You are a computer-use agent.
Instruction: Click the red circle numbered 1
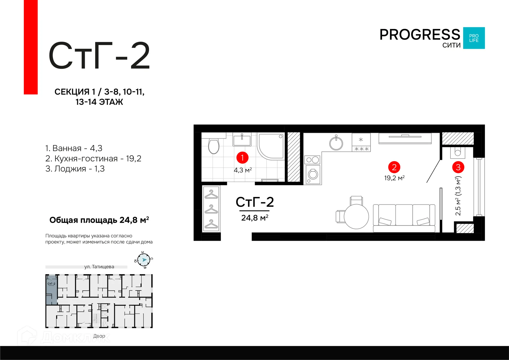[x=242, y=158]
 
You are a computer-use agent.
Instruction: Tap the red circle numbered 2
[x=394, y=167]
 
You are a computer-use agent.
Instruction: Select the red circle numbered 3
[x=458, y=167]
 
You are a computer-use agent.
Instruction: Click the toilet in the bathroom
[x=214, y=146]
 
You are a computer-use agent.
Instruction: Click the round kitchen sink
[x=336, y=143]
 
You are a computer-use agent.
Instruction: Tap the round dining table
[x=356, y=217]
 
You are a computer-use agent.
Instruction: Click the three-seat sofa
[x=404, y=216]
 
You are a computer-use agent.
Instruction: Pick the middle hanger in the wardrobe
[x=211, y=209]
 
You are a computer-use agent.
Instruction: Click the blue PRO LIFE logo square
[x=474, y=38]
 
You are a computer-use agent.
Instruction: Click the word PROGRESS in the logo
[x=420, y=35]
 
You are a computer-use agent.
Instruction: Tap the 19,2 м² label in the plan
[x=394, y=178]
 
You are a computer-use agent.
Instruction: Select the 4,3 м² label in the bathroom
[x=243, y=170]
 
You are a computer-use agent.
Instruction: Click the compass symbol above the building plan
[x=144, y=260]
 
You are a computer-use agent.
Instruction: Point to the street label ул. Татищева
[x=99, y=267]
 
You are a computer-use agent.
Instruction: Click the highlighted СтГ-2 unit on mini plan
[x=51, y=289]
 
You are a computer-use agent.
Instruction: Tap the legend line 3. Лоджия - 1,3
[x=75, y=169]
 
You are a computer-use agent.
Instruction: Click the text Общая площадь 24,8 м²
[x=99, y=220]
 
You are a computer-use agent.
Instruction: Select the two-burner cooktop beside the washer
[x=313, y=160]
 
